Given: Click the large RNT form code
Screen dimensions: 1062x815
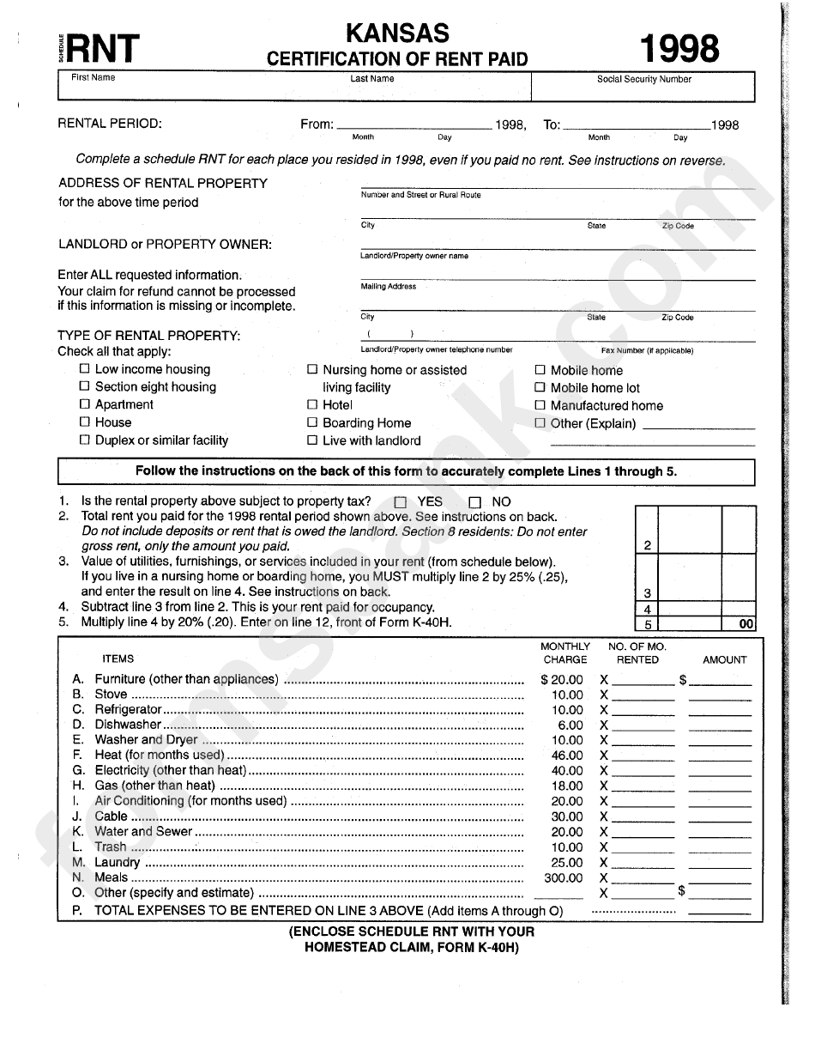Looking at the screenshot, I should [103, 50].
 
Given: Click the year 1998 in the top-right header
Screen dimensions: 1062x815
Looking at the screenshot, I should [678, 50].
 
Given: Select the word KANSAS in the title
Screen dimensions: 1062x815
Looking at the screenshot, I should [397, 33].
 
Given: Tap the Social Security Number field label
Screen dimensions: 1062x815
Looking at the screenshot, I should [643, 80].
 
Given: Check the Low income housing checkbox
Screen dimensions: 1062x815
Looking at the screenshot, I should [84, 369].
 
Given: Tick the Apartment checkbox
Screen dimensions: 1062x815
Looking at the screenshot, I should [84, 404].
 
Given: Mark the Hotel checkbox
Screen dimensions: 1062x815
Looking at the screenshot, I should [312, 404].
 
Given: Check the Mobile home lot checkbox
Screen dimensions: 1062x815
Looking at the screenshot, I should [540, 388].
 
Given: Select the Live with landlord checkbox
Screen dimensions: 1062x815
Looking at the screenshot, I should [312, 440].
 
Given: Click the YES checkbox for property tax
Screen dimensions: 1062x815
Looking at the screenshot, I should [400, 502].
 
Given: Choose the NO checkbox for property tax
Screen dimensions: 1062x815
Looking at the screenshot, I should [474, 502].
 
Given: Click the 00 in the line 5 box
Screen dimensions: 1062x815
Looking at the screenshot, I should [746, 625].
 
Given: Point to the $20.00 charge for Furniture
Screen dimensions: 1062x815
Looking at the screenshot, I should [562, 680].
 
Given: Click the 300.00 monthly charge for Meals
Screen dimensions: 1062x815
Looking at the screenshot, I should [564, 878].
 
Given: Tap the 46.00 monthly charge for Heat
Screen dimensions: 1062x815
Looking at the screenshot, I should [566, 756].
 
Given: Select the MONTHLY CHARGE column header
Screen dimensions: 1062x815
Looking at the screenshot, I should [565, 653].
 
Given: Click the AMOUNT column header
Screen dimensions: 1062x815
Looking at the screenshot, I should [725, 660].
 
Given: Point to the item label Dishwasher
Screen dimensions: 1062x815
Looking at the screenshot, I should [128, 725].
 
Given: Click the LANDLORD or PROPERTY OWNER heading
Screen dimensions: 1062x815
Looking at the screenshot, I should [165, 244].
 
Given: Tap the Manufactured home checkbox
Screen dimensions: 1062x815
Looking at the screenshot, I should [540, 405].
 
